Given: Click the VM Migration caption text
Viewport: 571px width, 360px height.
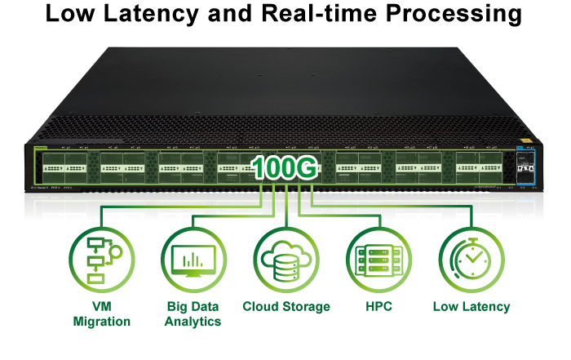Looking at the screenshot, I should point(101,314).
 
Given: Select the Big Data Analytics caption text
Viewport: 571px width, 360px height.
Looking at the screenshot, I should point(193,314).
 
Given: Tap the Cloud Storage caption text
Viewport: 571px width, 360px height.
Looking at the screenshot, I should point(286,307).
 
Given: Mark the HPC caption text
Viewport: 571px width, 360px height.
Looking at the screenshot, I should point(379,307).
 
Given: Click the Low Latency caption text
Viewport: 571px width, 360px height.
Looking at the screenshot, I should point(471,307).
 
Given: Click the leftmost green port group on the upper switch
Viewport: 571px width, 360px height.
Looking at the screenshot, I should point(62,167).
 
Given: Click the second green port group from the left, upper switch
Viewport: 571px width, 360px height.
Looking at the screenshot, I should point(122,167).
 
